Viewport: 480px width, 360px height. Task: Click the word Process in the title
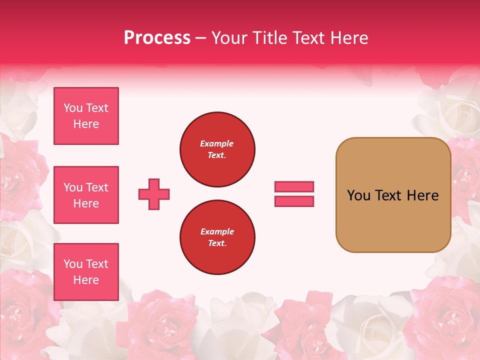pos(157,38)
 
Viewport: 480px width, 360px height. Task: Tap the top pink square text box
pos(86,116)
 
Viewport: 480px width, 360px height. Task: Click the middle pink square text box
pos(86,195)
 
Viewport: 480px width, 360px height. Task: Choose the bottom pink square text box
pos(86,272)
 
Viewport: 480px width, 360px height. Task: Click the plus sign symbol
pos(154,194)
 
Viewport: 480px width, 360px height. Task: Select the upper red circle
pos(217,149)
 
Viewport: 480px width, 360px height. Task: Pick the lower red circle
pos(217,237)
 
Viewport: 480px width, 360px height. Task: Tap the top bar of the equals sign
pos(294,186)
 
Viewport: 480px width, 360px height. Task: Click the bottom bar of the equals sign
pos(294,201)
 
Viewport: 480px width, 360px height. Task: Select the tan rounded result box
pos(393,195)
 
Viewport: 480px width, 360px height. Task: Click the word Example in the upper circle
pos(217,143)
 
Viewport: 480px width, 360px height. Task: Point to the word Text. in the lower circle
pos(217,243)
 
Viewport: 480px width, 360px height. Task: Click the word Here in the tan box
pos(422,195)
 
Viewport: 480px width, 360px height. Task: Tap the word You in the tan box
pos(358,195)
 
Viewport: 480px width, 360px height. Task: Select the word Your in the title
pos(230,38)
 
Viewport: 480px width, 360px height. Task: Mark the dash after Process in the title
pos(200,38)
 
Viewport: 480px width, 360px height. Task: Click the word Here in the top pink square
pos(86,124)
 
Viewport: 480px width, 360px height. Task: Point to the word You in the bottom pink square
pos(73,264)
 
